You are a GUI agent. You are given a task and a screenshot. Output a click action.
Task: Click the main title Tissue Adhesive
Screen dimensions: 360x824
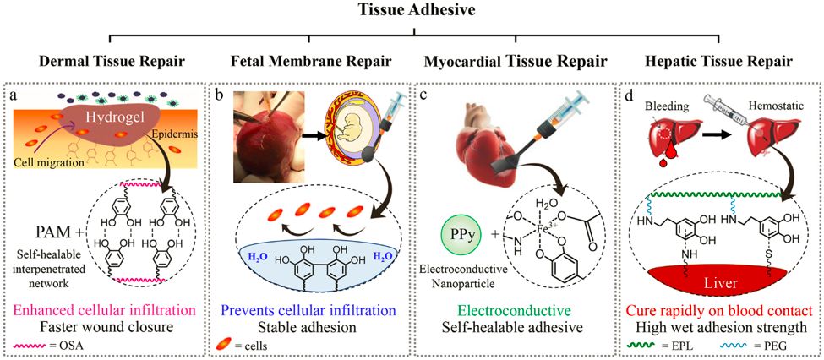411,10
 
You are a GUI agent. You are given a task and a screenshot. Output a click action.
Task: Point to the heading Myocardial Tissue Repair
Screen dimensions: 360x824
516,63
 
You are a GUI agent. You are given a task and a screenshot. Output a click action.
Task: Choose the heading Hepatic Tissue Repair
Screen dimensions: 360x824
718,63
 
